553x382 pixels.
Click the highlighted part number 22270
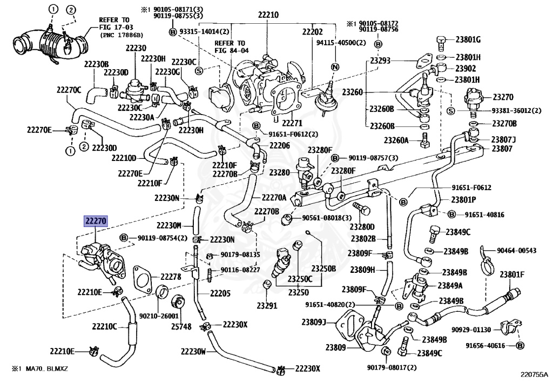(95, 221)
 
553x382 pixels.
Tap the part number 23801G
(468, 39)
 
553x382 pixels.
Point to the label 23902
(465, 69)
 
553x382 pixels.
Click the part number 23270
(503, 98)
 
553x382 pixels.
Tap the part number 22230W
(193, 351)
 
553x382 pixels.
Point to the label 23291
(267, 305)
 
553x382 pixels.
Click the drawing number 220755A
(534, 374)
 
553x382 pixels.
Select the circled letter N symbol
(334, 67)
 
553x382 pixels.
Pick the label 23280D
(362, 226)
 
